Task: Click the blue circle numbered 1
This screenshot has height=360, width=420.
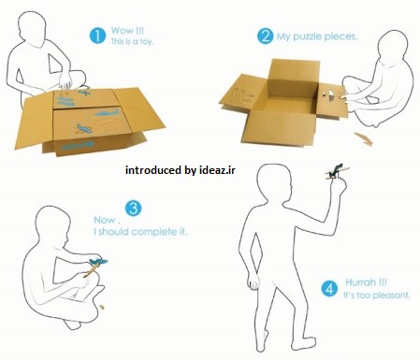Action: pos(97,36)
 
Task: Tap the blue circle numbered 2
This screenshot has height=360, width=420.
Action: pos(265,36)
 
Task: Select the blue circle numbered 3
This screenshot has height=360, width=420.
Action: pos(133,209)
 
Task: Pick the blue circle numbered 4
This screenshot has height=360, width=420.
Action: pos(329,289)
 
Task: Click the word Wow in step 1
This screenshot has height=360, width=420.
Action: pos(122,31)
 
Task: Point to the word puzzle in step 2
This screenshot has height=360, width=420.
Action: pos(308,37)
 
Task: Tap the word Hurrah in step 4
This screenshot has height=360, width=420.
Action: pos(360,282)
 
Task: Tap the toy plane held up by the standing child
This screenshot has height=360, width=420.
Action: pos(336,171)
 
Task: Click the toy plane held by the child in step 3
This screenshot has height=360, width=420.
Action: pos(95,266)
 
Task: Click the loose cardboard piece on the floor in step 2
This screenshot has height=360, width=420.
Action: pos(364,138)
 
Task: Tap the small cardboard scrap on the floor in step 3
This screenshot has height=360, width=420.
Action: pos(102,307)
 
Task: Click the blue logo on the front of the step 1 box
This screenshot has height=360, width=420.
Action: pos(78,145)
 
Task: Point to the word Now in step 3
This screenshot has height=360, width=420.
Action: pos(105,220)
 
